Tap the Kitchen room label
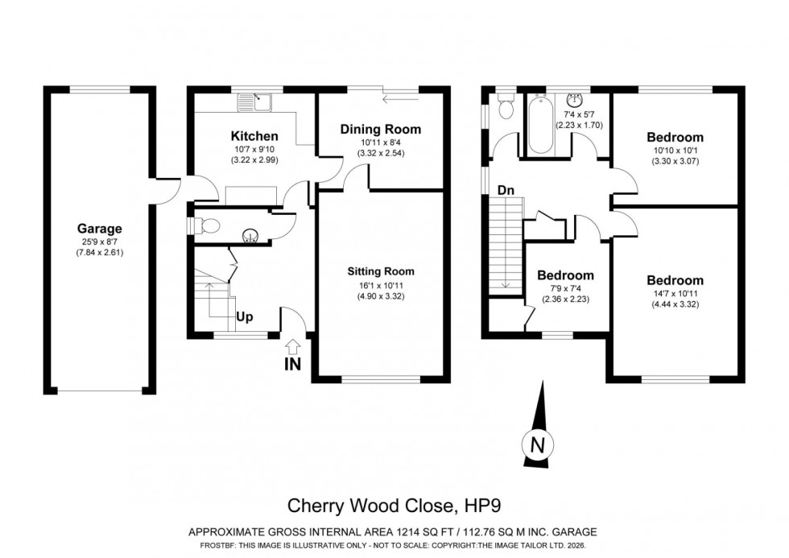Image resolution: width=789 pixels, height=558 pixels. pos(232,136)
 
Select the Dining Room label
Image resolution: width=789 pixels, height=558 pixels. pos(380,130)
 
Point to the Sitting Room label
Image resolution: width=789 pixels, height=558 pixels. pos(381,271)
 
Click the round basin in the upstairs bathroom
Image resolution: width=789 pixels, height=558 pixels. pos(576,101)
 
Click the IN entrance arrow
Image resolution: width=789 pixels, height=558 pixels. pos(293,348)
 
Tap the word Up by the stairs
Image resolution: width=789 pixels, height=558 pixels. pos(245,316)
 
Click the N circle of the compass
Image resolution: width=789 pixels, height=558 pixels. pos(538,444)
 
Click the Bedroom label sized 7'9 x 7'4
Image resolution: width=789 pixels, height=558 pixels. pos(565,275)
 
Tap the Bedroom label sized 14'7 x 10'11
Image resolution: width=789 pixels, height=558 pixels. pos(675,280)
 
